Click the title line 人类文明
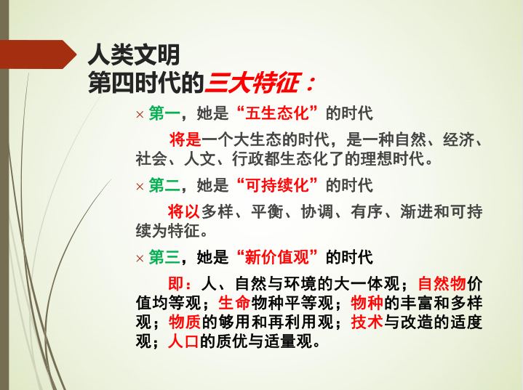tap(133, 54)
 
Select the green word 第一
tap(164, 114)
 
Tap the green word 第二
tap(164, 185)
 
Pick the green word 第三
tap(164, 256)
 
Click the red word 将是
tap(184, 139)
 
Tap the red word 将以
tap(184, 211)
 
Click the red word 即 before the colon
tap(175, 283)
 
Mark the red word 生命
tap(234, 302)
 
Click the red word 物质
tap(184, 322)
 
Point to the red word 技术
tap(367, 322)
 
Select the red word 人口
tap(184, 341)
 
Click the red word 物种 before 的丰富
tap(367, 302)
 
